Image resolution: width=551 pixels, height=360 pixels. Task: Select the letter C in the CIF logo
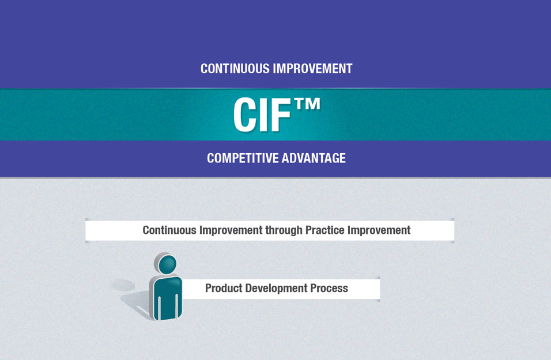[x=246, y=115]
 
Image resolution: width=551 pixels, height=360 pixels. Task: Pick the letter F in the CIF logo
[x=281, y=115]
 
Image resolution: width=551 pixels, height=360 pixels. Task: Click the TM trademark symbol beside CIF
[x=307, y=104]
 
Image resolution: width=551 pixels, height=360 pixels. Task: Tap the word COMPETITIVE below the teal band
[x=243, y=158]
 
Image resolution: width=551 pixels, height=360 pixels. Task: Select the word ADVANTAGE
[x=314, y=158]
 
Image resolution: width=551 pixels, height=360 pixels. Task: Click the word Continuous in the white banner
[x=169, y=230]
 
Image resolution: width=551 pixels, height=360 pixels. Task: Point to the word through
[x=284, y=230]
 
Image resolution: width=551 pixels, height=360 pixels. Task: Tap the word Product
[x=224, y=288]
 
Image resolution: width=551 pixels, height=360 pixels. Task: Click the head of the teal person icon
[x=166, y=264]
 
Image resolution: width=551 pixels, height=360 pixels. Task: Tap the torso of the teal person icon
[x=166, y=298]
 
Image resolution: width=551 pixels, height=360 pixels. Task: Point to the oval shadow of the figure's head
[x=122, y=285]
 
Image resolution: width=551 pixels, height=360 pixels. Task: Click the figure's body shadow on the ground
[x=137, y=303]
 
